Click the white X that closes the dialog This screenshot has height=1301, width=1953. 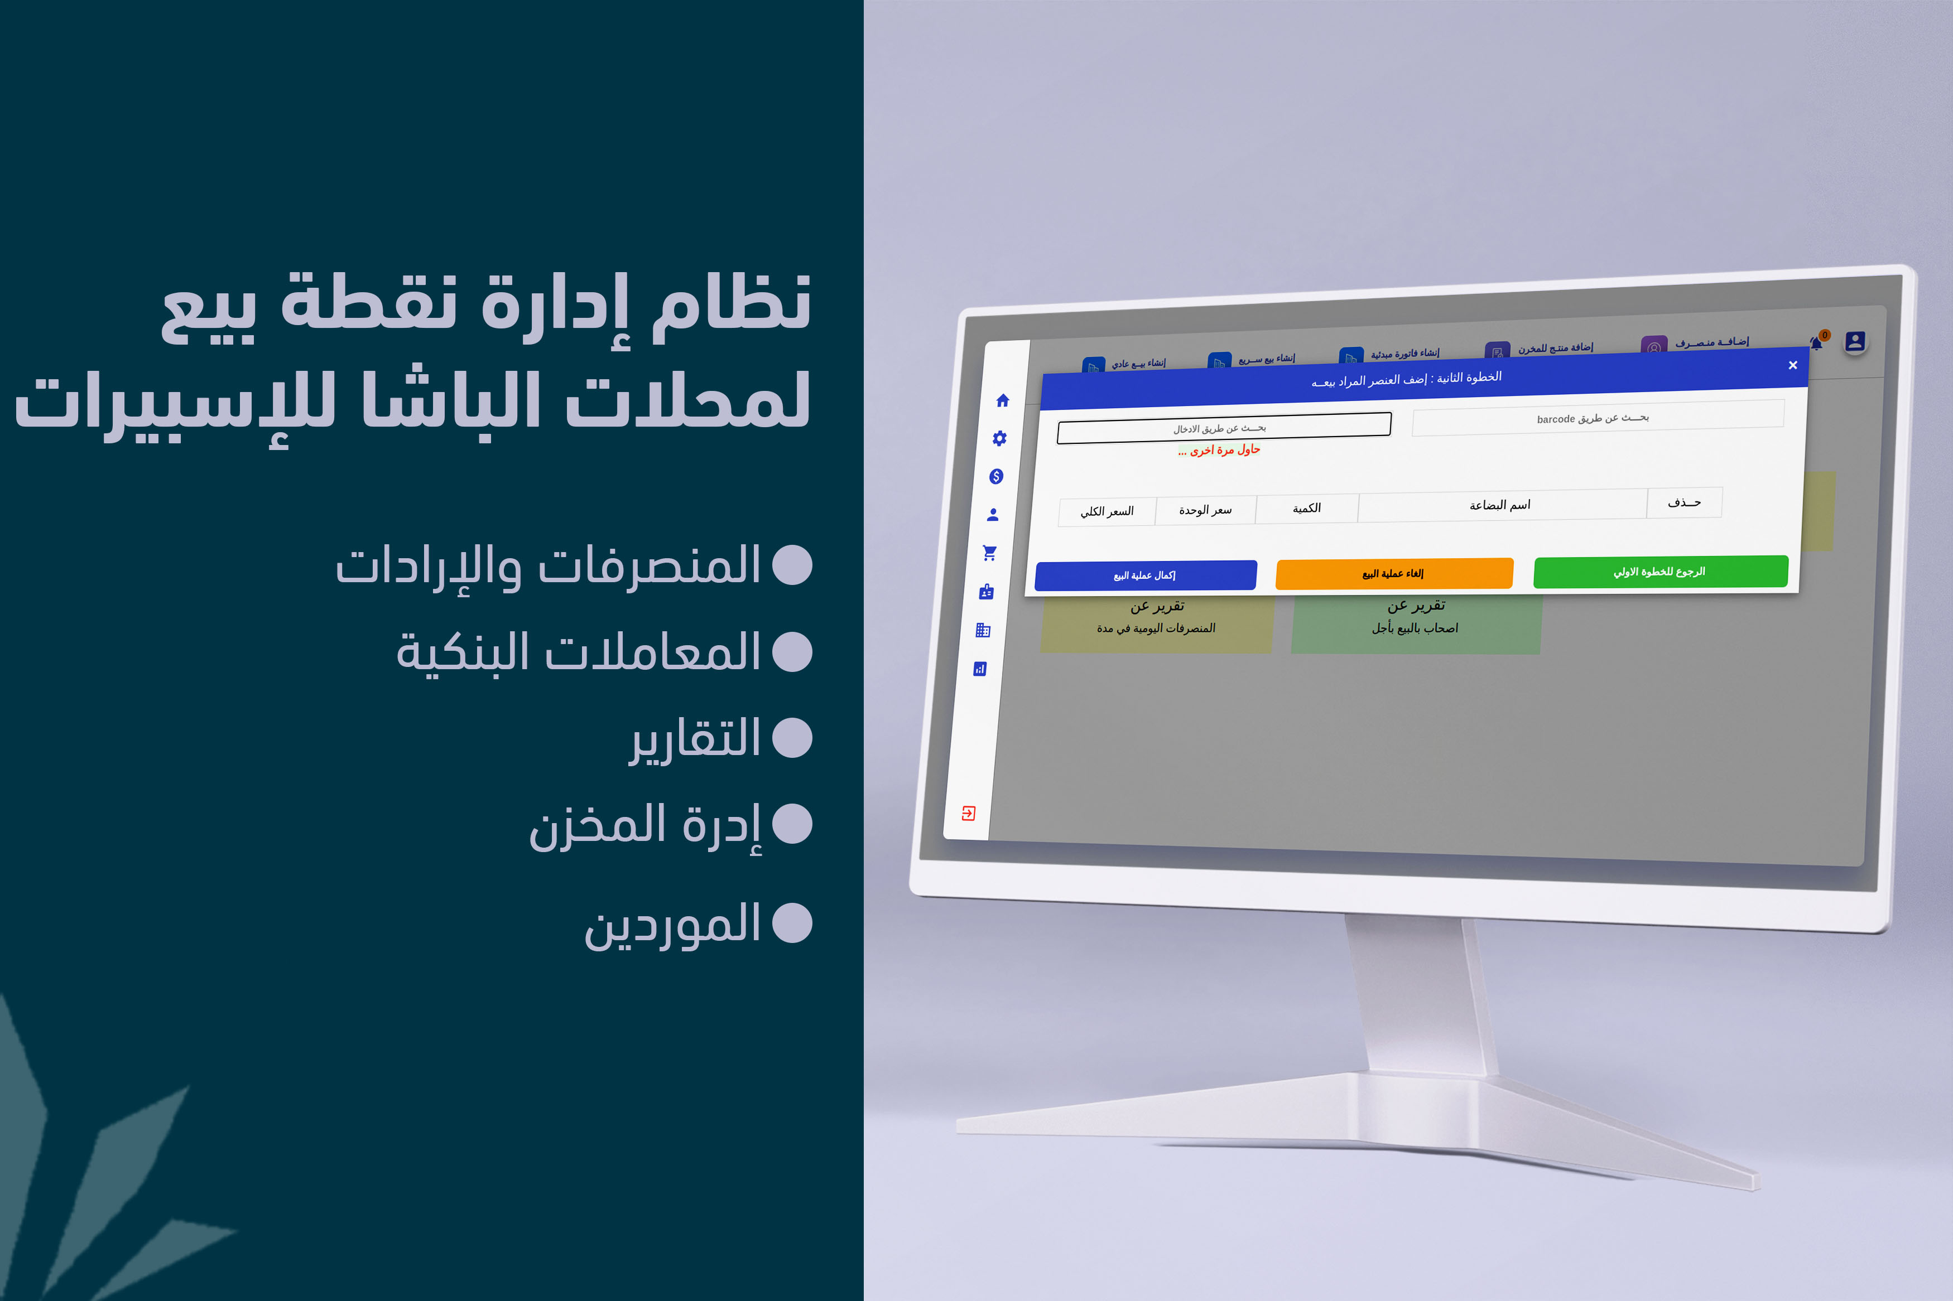click(x=1793, y=365)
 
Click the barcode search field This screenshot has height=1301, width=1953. click(x=1598, y=417)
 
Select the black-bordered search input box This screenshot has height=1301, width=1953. click(x=1224, y=428)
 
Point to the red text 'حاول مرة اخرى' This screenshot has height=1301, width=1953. click(x=1219, y=449)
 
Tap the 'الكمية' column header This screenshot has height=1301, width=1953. click(x=1306, y=509)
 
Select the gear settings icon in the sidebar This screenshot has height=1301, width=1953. click(x=999, y=438)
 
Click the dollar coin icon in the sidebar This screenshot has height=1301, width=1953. click(x=996, y=476)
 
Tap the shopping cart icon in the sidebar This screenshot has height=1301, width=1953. click(x=989, y=553)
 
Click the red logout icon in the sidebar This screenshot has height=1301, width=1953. click(x=968, y=813)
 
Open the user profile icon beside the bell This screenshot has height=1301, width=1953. click(x=1855, y=341)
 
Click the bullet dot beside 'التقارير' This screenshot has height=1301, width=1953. click(x=792, y=738)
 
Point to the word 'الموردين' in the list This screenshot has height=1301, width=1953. click(x=672, y=925)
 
